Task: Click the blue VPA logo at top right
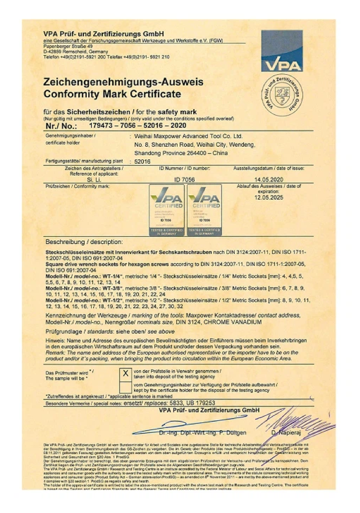(x=281, y=51)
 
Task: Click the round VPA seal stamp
(x=281, y=94)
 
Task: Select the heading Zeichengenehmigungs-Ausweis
(x=123, y=82)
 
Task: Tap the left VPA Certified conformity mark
(x=167, y=210)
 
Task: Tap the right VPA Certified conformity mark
(x=204, y=210)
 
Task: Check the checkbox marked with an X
(x=125, y=374)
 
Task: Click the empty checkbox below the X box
(x=125, y=387)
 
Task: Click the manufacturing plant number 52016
(x=143, y=162)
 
